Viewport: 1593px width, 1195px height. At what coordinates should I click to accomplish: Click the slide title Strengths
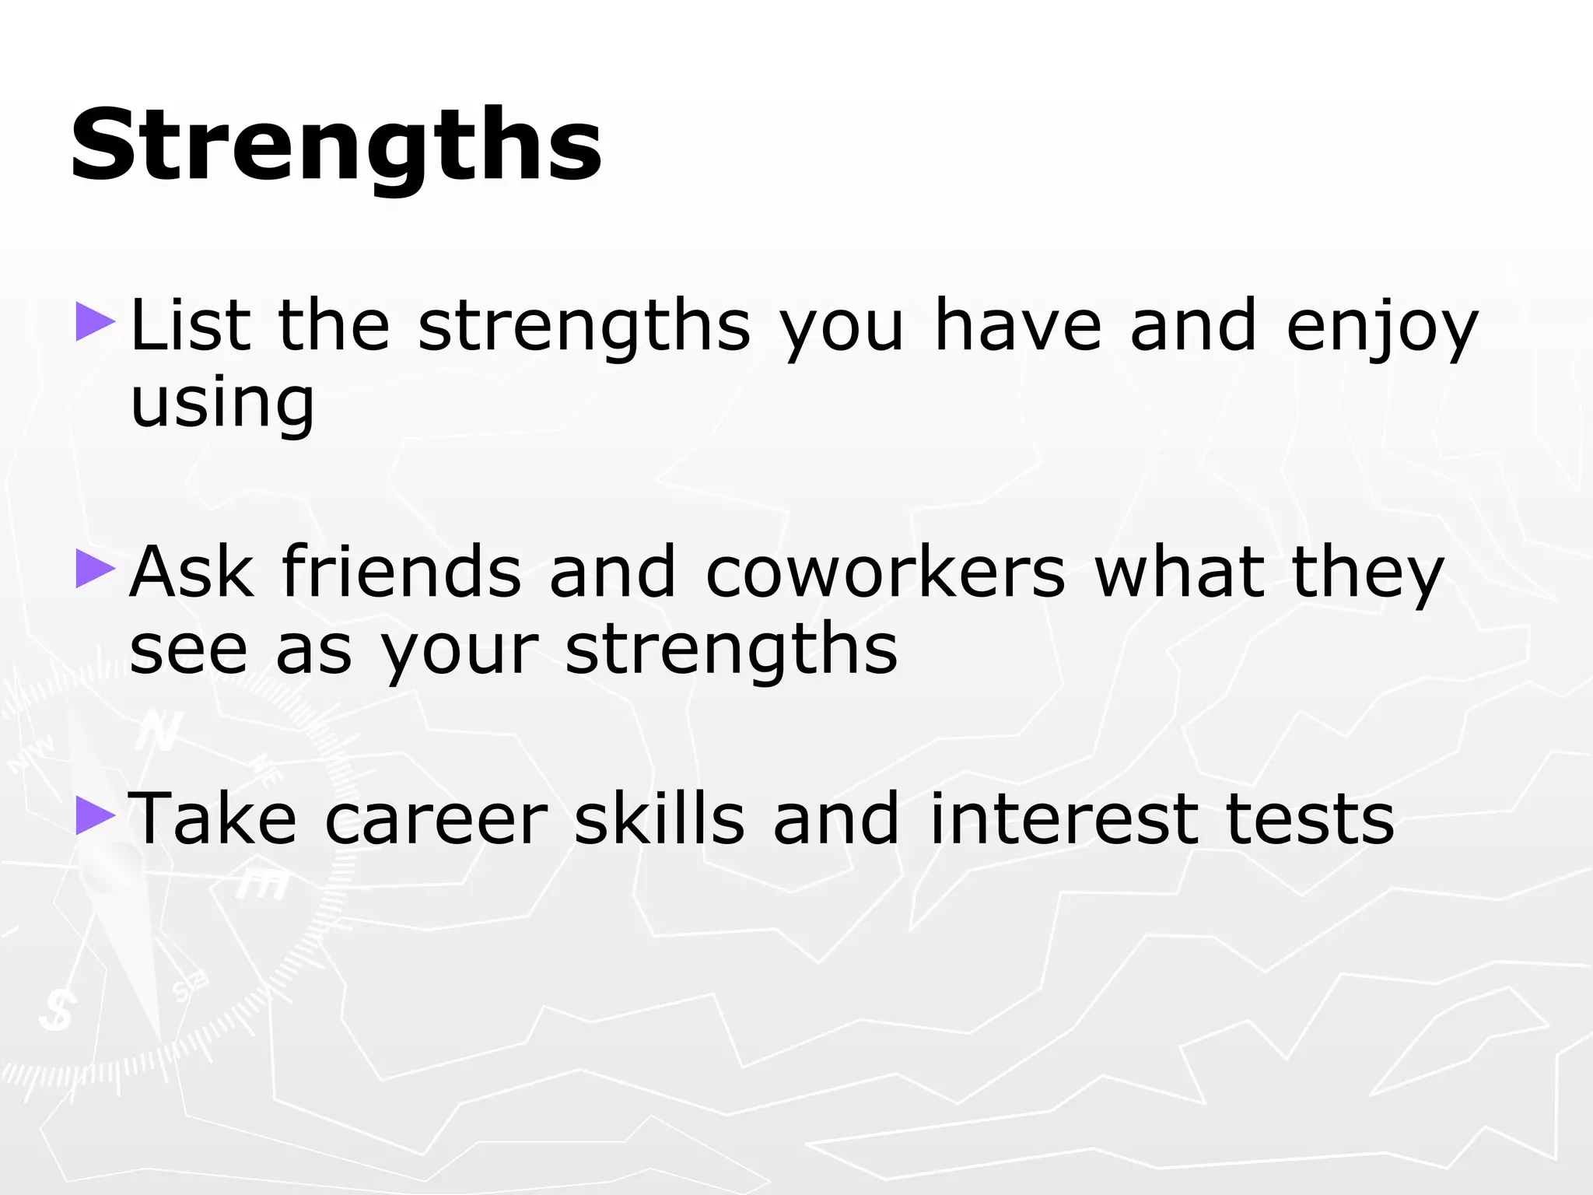[336, 146]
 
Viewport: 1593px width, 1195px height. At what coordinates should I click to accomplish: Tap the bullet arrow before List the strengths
[95, 323]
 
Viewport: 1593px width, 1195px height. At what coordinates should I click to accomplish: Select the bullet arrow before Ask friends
[95, 569]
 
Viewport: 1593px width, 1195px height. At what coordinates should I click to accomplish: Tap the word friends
[401, 572]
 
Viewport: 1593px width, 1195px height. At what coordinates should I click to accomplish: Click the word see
[188, 650]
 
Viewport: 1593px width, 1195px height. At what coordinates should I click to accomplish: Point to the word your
[459, 654]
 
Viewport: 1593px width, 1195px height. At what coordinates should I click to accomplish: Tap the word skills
[660, 818]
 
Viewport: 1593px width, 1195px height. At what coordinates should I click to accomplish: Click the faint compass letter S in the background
[57, 1009]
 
